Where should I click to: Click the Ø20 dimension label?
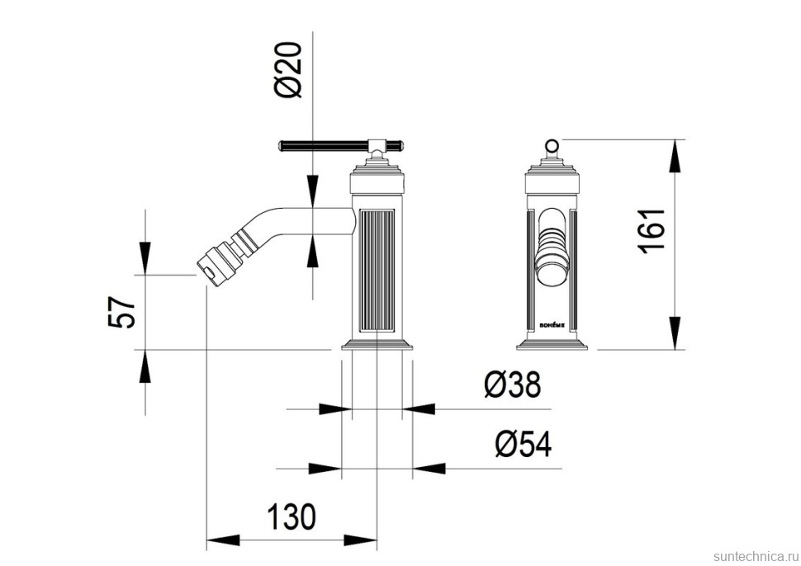pyautogui.click(x=290, y=70)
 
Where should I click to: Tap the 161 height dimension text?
pyautogui.click(x=652, y=229)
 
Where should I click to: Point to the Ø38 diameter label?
pyautogui.click(x=512, y=384)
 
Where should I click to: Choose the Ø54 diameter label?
pyautogui.click(x=524, y=444)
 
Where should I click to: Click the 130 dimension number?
pyautogui.click(x=291, y=516)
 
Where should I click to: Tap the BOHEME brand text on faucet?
pyautogui.click(x=552, y=323)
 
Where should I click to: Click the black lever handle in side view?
pyautogui.click(x=325, y=145)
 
